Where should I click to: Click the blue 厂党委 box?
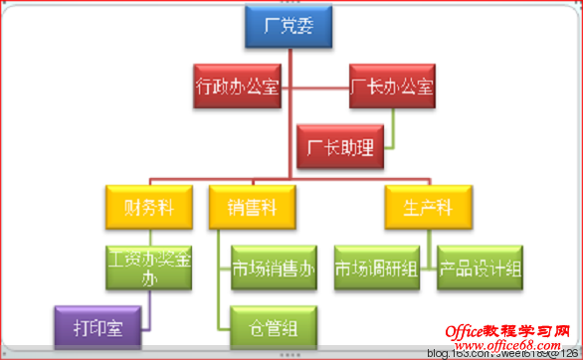pyautogui.click(x=288, y=27)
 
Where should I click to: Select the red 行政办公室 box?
pyautogui.click(x=237, y=86)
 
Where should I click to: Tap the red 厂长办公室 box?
pyautogui.click(x=393, y=86)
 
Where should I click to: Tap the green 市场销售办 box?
pyautogui.click(x=274, y=268)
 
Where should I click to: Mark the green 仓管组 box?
pyautogui.click(x=274, y=325)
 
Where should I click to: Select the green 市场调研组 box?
pyautogui.click(x=375, y=268)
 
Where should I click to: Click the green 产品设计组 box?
pyautogui.click(x=481, y=268)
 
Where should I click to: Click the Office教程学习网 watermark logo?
pyautogui.click(x=508, y=331)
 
